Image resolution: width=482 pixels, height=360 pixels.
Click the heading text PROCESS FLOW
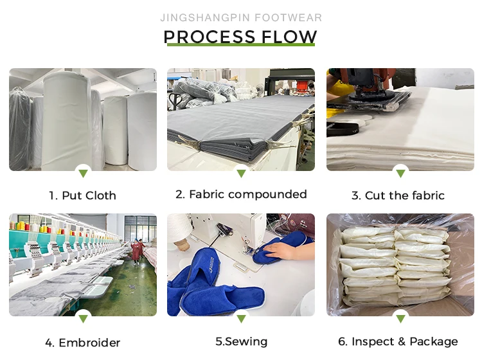coord(240,36)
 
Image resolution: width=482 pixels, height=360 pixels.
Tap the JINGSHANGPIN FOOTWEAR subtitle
coord(241,17)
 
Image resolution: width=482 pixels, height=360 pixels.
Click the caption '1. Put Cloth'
coord(82,195)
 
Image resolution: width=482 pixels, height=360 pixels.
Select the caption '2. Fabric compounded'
coord(241,194)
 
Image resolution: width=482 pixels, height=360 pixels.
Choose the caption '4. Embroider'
coord(83,343)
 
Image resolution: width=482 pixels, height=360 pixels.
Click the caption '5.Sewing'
coord(241,341)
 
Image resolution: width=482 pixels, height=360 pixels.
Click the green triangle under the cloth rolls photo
coord(83,173)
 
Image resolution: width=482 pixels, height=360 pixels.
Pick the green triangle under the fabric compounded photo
coord(241,173)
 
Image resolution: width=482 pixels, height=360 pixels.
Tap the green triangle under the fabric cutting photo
coord(400,173)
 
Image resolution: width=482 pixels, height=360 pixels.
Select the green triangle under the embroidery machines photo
coord(83,318)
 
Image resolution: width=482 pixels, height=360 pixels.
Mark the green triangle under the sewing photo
coord(241,318)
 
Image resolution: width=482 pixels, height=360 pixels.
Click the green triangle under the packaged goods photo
coord(400,318)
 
